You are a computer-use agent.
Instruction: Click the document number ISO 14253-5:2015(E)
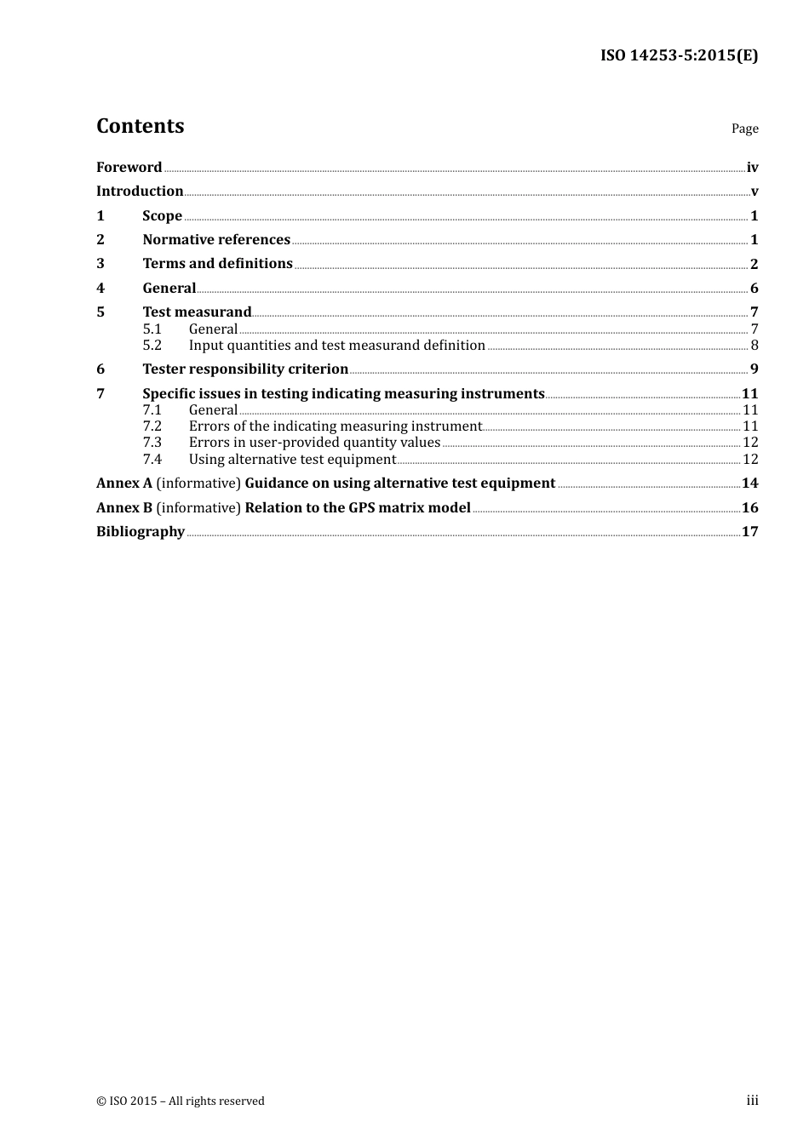point(679,56)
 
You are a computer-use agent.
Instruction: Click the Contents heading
point(140,126)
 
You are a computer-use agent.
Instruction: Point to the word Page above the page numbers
point(744,129)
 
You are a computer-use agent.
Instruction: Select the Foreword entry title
point(129,167)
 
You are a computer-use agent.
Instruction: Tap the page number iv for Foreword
point(752,168)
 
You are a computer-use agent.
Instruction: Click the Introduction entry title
point(140,192)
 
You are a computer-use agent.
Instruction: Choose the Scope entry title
point(162,216)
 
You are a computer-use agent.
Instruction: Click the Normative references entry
point(216,240)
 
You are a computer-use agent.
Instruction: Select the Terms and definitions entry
point(217,264)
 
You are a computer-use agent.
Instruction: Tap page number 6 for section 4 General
point(754,289)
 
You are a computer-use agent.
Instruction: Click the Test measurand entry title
point(197,312)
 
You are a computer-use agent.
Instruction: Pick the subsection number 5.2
point(152,346)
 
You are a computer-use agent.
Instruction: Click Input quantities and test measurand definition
point(336,346)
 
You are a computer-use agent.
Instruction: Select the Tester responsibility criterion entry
point(245,369)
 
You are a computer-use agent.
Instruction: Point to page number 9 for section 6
point(754,369)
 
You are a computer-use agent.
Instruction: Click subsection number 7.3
point(152,443)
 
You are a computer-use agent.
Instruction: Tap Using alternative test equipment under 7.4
point(292,460)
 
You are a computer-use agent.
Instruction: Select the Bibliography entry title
point(141,532)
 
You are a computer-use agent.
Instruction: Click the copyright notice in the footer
point(181,1101)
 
